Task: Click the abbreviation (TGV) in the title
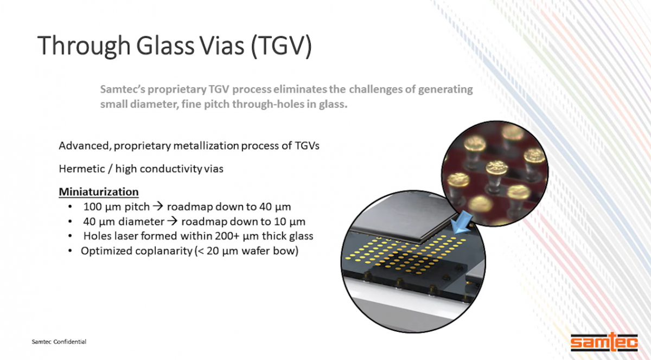click(281, 46)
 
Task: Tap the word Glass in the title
click(165, 46)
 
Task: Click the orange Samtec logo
click(604, 342)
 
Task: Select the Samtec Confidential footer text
click(59, 342)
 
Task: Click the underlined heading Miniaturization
click(99, 192)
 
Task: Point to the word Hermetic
click(82, 169)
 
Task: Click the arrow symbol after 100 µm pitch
click(158, 207)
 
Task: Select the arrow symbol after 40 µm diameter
click(173, 221)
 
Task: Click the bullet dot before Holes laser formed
click(70, 236)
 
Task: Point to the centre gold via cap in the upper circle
click(497, 167)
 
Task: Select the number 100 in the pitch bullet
click(92, 207)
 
